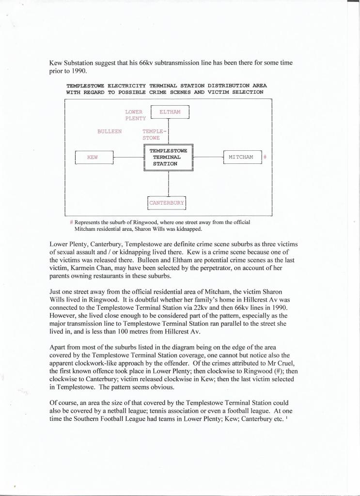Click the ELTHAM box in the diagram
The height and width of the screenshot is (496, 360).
[x=170, y=112]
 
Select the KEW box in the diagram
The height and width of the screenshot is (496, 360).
[x=94, y=158]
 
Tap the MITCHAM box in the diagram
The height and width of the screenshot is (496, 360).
[x=241, y=157]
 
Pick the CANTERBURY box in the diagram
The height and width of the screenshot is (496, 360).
[x=167, y=203]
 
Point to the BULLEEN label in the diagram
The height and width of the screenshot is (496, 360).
[x=110, y=131]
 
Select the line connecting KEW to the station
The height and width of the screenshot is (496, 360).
[x=127, y=158]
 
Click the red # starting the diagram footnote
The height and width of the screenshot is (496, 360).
[x=72, y=223]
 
